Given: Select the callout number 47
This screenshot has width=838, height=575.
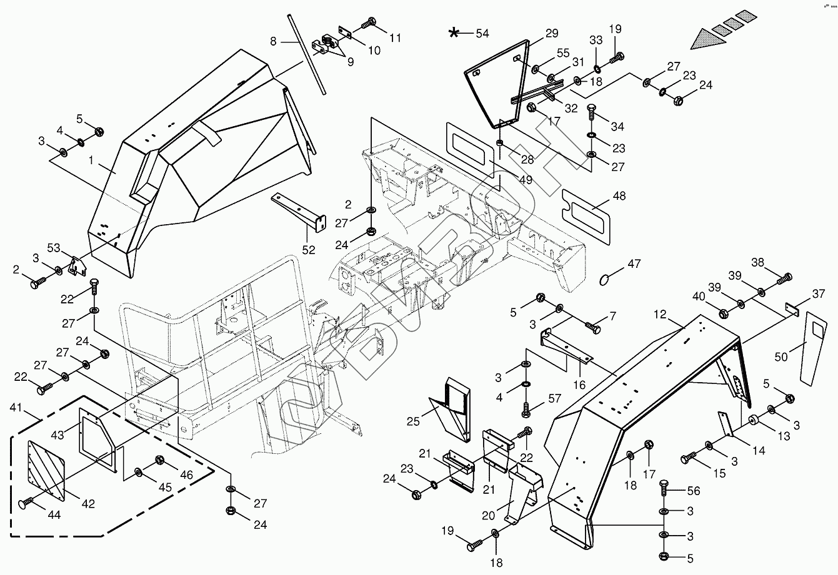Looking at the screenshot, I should point(634,265).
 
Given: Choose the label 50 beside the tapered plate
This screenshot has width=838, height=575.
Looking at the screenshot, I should point(781,356).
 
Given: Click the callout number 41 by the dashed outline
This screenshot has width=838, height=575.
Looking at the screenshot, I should point(17,408).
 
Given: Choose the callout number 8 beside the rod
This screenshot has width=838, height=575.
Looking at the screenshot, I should point(273,41).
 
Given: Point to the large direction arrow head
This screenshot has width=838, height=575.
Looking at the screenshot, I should point(706,39).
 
